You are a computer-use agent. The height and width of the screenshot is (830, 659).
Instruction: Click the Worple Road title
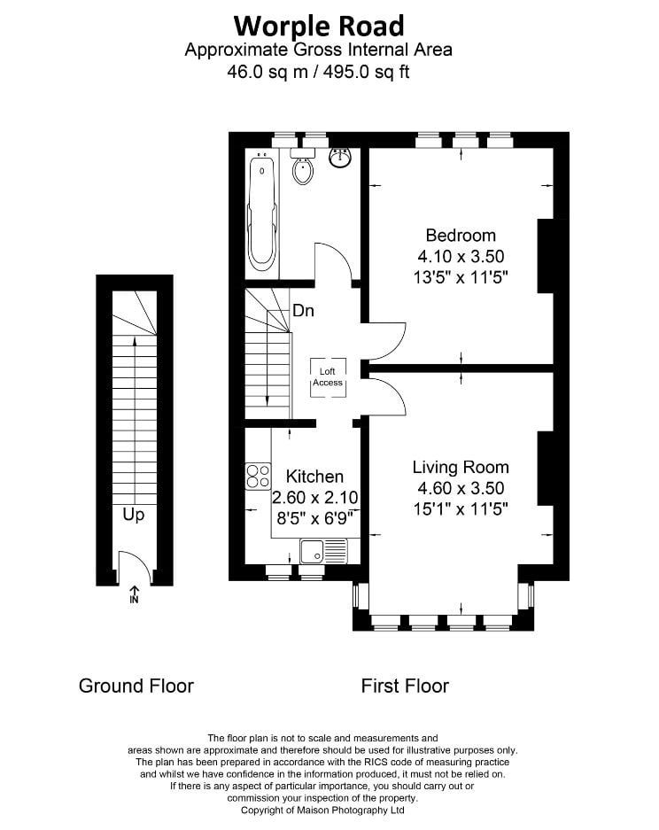point(319,27)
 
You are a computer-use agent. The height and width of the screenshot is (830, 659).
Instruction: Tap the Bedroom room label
point(461,235)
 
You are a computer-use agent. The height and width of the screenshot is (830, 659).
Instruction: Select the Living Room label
point(461,467)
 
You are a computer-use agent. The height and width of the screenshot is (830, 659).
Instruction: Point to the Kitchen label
point(314,477)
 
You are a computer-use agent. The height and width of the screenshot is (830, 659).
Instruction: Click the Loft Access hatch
point(328,376)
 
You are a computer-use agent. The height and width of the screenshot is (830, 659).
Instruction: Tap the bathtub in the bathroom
point(262,211)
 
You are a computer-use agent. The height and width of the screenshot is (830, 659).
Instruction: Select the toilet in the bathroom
point(303,167)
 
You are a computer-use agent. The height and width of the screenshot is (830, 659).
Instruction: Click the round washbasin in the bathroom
point(340,158)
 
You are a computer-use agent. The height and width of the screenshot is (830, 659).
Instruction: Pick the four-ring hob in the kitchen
point(258,476)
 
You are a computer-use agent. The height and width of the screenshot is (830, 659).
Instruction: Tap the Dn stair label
point(303,311)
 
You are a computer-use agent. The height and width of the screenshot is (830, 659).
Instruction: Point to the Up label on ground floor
point(133,515)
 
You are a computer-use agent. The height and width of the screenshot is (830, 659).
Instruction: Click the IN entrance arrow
point(135,593)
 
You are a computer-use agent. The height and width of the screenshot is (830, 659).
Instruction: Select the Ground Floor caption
point(136,686)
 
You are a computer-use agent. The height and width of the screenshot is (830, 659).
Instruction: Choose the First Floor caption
point(405,686)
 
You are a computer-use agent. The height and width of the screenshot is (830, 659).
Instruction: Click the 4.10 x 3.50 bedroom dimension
point(461,256)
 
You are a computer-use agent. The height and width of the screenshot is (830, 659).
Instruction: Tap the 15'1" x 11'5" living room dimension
point(461,509)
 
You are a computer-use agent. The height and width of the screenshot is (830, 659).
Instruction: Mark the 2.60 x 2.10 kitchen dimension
point(315,498)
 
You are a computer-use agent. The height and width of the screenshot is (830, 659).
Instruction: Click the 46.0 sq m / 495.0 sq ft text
point(319,71)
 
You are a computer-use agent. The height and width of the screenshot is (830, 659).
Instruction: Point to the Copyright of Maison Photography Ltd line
point(323,811)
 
